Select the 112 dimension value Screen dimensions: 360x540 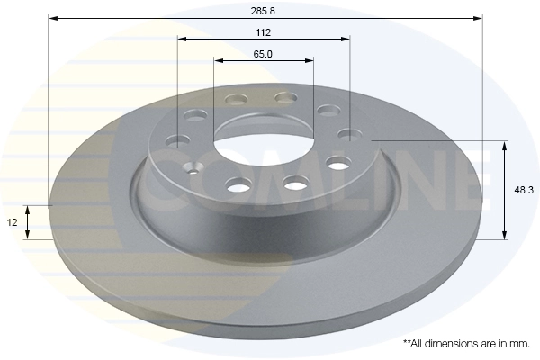click(x=263, y=31)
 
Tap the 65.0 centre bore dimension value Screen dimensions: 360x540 click(x=263, y=54)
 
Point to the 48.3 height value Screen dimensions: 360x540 click(x=521, y=191)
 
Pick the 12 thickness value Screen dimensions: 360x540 click(x=11, y=221)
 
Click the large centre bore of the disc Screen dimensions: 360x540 click(x=264, y=148)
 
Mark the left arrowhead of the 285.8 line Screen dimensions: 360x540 click(x=50, y=17)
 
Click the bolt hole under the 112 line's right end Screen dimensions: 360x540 click(x=348, y=134)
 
